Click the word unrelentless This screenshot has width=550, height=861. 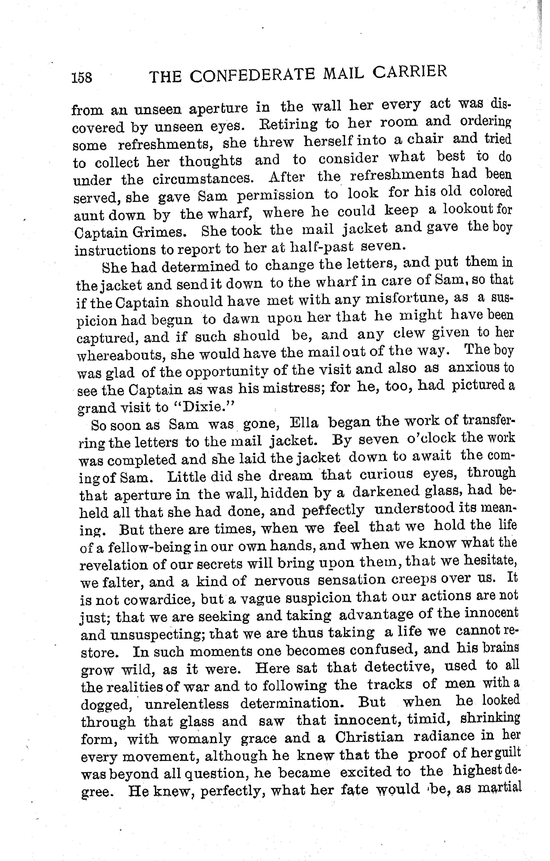[x=186, y=703]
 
